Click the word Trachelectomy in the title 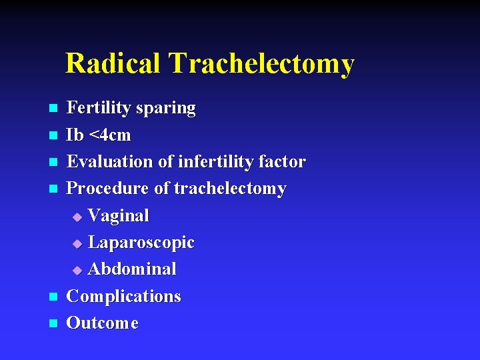(261, 64)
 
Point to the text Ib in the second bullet (75, 135)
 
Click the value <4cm (110, 135)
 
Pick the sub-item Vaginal (119, 216)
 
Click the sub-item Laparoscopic (141, 243)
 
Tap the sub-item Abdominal (132, 269)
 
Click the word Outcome (103, 323)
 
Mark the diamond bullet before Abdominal (77, 271)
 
